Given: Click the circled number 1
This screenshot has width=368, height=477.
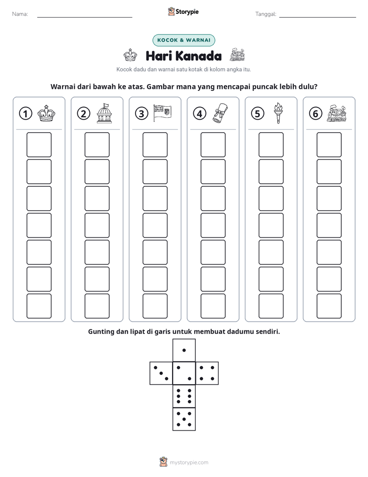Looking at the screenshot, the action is click(25, 114).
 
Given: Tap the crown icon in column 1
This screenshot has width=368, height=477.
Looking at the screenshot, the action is click(46, 114).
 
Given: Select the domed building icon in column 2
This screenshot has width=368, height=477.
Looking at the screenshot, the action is click(104, 113).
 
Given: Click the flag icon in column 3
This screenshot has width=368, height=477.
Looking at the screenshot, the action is click(162, 113).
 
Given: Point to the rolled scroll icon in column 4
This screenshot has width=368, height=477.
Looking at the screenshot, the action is click(221, 113).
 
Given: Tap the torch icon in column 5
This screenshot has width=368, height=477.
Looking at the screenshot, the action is click(278, 113).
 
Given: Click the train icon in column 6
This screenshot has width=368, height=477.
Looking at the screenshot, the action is click(337, 114).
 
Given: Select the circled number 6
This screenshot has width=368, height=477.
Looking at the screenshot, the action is click(315, 114).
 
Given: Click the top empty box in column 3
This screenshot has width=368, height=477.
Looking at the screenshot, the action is click(155, 145).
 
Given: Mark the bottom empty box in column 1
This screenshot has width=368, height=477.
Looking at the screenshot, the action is click(39, 306).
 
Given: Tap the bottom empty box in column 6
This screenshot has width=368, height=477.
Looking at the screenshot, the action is click(329, 306).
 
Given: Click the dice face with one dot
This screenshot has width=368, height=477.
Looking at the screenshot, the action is click(184, 350).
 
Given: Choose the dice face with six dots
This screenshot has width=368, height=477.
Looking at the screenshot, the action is click(184, 396).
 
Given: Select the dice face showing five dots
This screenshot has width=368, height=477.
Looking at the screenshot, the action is click(184, 419).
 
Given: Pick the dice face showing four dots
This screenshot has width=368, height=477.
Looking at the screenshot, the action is click(207, 373).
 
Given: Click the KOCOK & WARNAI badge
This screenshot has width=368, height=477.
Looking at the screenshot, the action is click(183, 40).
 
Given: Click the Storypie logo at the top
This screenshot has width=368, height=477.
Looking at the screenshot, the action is click(183, 12).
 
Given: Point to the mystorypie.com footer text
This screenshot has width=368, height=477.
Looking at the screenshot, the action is click(189, 463).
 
